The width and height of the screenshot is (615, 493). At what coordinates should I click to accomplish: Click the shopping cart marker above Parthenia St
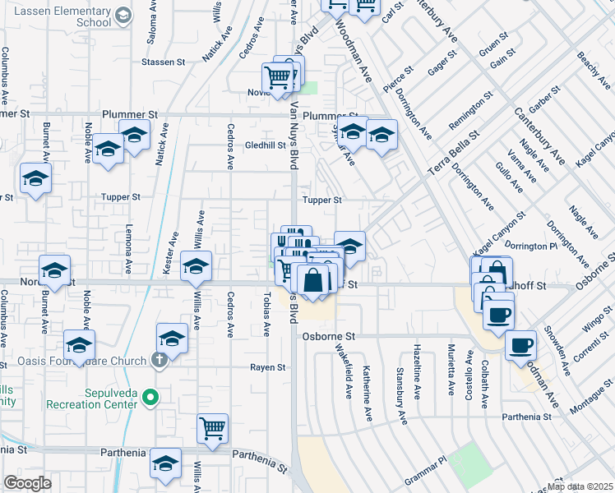(x=213, y=427)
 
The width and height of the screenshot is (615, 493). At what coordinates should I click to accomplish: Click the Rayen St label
(x=268, y=366)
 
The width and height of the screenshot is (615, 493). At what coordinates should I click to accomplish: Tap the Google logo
(x=27, y=483)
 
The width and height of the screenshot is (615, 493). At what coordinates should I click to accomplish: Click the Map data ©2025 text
(x=580, y=486)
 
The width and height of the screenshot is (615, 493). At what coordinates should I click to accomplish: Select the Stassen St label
(x=163, y=62)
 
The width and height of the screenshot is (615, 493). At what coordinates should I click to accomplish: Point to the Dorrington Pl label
(x=530, y=246)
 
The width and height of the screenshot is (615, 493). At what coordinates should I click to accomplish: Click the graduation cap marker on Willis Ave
(x=197, y=266)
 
